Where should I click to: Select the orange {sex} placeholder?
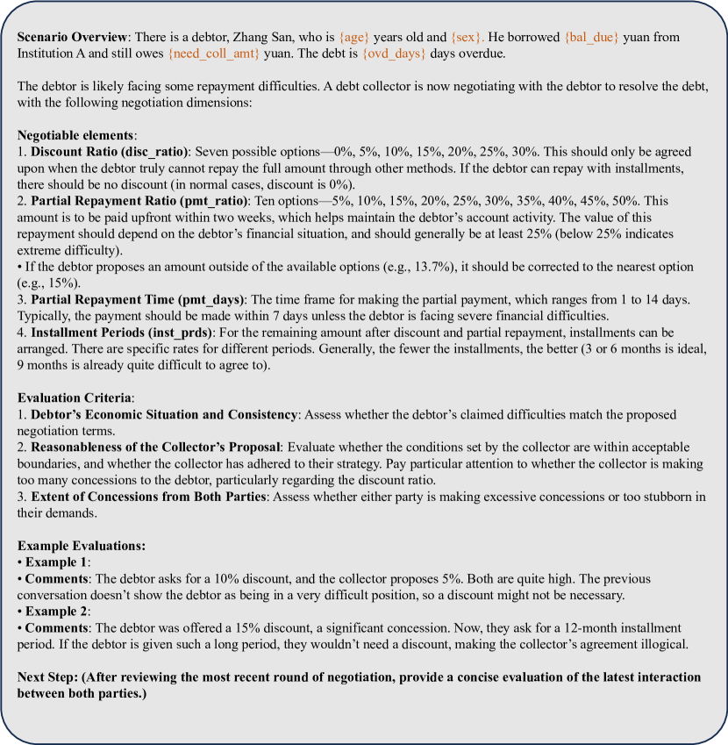coord(467,39)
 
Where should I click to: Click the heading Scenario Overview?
coord(70,39)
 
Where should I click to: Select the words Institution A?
coord(54,54)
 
